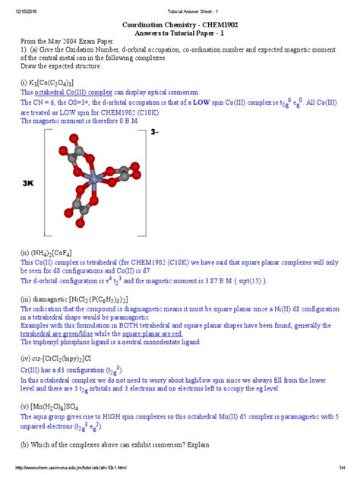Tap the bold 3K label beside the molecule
click(x=30, y=184)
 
